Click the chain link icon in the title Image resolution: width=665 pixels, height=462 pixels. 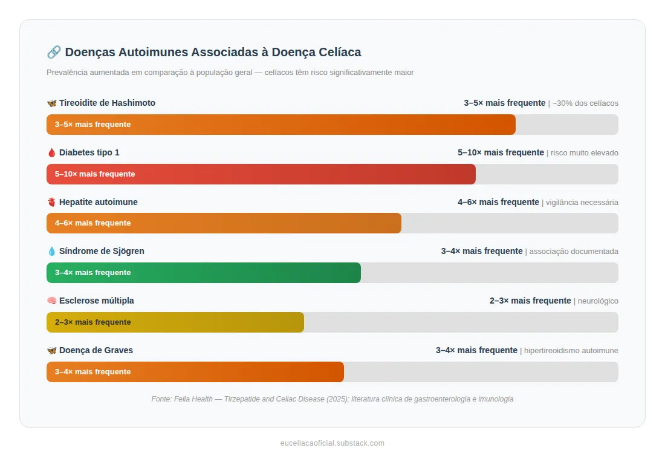(53, 52)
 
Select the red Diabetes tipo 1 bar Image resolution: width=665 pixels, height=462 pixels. (261, 174)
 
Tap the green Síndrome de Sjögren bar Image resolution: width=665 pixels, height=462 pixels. (203, 273)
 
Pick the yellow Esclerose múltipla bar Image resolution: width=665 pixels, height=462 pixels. (175, 322)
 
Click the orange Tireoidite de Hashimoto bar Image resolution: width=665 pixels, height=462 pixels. (281, 125)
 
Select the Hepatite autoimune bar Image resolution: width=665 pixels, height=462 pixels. (224, 223)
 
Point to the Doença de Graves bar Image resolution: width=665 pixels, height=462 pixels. (195, 372)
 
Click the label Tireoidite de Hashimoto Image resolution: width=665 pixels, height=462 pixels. (107, 103)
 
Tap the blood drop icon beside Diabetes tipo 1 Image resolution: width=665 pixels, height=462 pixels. (51, 152)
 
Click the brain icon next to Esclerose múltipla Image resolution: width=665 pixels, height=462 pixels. (51, 301)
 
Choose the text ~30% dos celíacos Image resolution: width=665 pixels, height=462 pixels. (585, 103)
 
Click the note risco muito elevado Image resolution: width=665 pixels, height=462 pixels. (585, 153)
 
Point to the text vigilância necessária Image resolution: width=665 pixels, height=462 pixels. (582, 203)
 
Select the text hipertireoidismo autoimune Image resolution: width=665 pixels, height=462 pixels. (571, 351)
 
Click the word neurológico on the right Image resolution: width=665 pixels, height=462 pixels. (598, 301)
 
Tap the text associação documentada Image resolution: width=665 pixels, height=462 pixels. (574, 252)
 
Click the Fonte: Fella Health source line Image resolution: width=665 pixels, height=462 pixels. (332, 399)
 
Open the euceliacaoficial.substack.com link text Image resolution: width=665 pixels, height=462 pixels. (332, 443)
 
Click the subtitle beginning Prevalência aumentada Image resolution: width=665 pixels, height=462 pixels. (230, 73)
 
